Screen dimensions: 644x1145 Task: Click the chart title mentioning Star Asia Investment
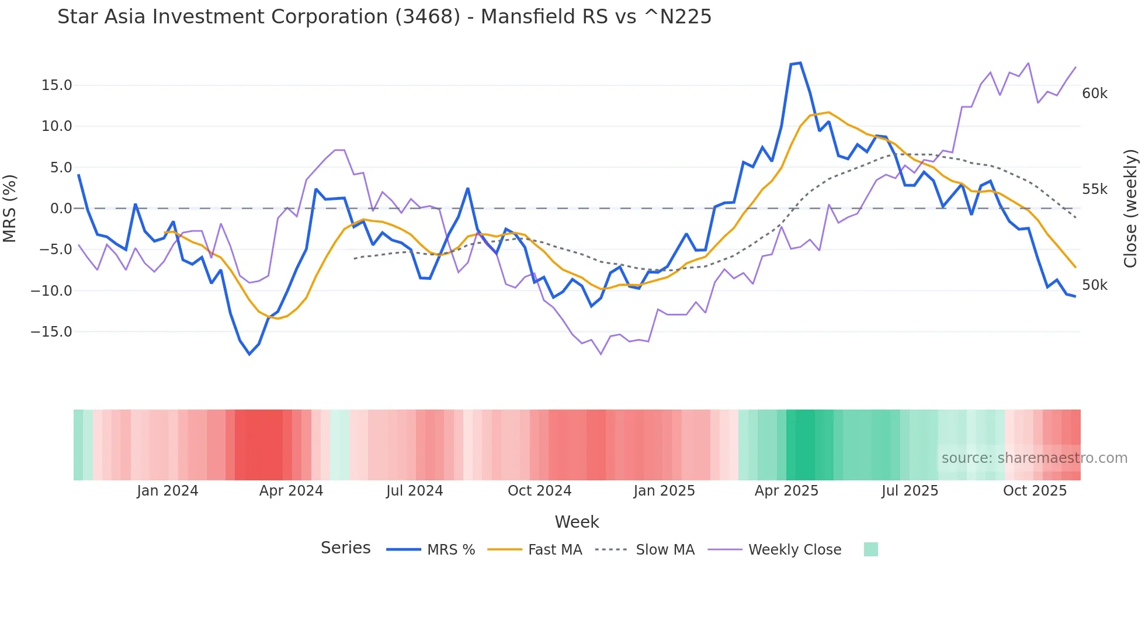[x=384, y=17]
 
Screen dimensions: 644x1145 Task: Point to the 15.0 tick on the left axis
[x=57, y=85]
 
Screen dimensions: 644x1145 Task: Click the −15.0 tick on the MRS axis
[x=51, y=332]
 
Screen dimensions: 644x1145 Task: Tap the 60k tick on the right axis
[x=1094, y=94]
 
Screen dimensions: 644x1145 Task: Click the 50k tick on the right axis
[x=1094, y=285]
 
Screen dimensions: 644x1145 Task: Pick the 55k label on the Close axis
[x=1094, y=189]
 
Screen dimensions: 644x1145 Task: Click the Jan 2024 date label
[x=168, y=491]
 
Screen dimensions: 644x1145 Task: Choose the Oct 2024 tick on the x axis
[x=539, y=491]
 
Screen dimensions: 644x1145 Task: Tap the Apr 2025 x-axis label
[x=786, y=491]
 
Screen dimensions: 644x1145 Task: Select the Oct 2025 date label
[x=1035, y=491]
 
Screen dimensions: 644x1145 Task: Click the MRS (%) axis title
[x=10, y=209]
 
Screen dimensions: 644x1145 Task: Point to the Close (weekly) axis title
[x=1130, y=209]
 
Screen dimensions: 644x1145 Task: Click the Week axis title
[x=577, y=522]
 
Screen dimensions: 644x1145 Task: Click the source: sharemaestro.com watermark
[x=1034, y=458]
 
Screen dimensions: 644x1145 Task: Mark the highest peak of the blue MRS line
[x=800, y=63]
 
